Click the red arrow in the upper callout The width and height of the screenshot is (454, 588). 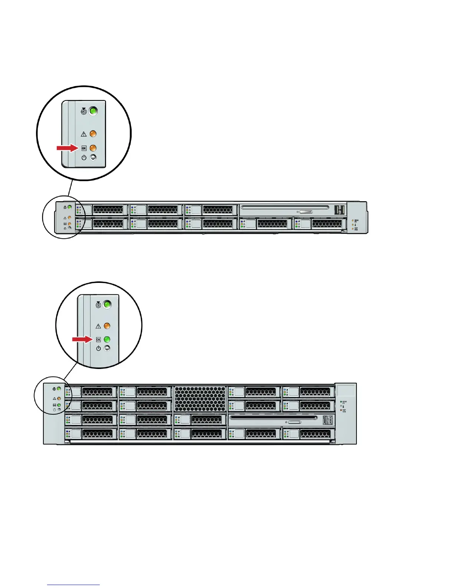67,148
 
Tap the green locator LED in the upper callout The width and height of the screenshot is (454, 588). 93,111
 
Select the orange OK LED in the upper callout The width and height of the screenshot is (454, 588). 93,148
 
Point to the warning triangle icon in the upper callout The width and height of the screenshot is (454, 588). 84,134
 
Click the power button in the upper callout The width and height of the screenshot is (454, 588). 93,157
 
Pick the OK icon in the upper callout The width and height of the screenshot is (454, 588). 84,148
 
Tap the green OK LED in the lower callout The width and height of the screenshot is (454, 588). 107,339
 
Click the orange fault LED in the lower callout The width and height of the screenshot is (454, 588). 107,326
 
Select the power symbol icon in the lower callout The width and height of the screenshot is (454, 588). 98,348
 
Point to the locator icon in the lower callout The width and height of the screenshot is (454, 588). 98,305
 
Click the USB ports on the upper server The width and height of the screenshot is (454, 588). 339,210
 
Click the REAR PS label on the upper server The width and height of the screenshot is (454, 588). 356,221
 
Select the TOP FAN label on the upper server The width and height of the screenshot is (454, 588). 356,229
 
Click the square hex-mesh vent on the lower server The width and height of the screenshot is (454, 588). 200,399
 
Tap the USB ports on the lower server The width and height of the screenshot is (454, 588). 327,420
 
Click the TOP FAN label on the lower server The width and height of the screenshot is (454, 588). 344,411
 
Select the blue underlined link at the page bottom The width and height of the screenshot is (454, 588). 73,585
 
